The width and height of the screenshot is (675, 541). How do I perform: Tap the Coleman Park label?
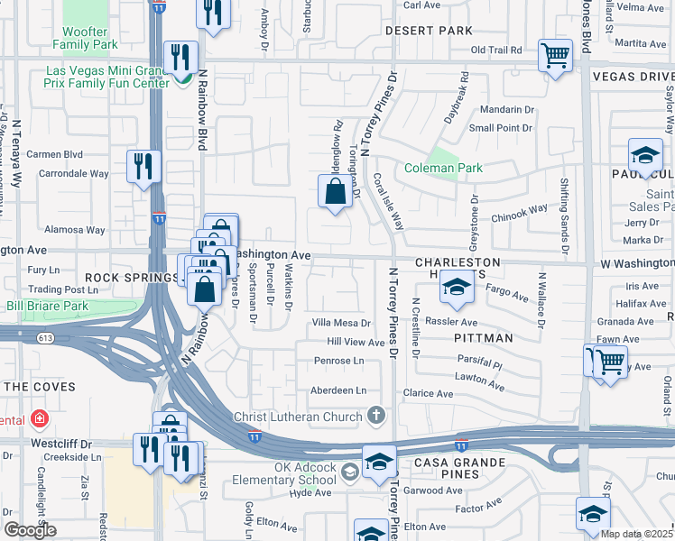443,168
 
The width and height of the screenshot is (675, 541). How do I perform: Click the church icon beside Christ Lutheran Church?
376,416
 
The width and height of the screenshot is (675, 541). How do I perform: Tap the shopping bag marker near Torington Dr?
335,191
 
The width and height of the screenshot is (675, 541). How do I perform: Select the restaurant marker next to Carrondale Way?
144,166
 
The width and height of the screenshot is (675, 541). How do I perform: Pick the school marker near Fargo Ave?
456,289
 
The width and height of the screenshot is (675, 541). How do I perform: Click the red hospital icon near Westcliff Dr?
39,419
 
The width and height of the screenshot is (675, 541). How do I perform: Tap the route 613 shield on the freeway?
43,337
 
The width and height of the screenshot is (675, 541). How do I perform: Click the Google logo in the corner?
29,530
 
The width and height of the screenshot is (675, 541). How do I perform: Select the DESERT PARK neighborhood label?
429,31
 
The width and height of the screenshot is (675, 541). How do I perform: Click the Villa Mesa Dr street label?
341,323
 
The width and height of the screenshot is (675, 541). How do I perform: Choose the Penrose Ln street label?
338,361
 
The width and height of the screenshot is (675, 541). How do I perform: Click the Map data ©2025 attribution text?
636,534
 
